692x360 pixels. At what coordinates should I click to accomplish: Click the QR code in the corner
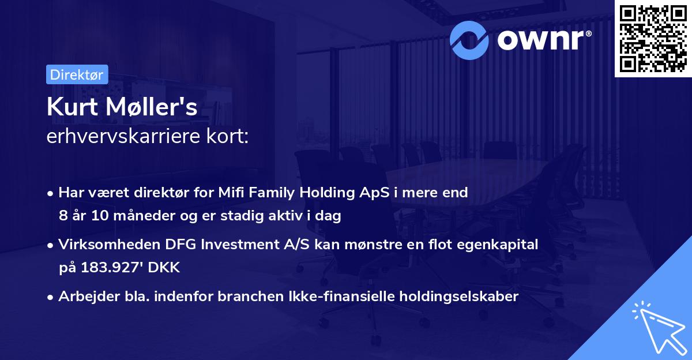point(653,38)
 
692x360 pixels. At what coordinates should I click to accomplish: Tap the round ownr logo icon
point(470,39)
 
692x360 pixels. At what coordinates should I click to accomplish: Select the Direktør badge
point(77,74)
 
